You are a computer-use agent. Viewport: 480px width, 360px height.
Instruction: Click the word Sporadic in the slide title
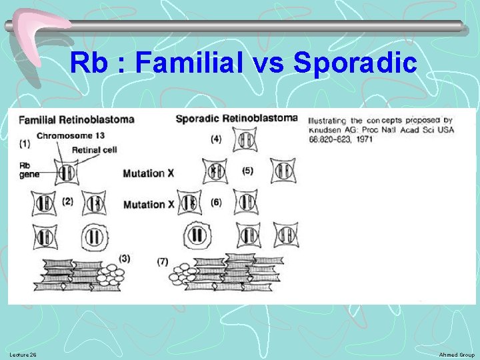pyautogui.click(x=355, y=63)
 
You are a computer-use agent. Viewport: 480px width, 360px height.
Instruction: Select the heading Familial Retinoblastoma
pyautogui.click(x=76, y=120)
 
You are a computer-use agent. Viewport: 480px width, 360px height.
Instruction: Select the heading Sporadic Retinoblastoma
pyautogui.click(x=236, y=119)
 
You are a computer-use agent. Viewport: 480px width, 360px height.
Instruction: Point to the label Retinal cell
pyautogui.click(x=94, y=149)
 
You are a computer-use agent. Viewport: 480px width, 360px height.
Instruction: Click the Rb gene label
pyautogui.click(x=29, y=169)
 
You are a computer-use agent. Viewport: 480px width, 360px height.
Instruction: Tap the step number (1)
pyautogui.click(x=25, y=143)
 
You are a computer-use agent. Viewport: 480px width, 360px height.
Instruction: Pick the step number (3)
pyautogui.click(x=124, y=257)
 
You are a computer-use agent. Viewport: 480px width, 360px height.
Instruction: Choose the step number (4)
pyautogui.click(x=215, y=139)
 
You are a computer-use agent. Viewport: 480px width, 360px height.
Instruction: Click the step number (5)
pyautogui.click(x=248, y=171)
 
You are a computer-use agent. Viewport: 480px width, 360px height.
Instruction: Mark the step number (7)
pyautogui.click(x=163, y=261)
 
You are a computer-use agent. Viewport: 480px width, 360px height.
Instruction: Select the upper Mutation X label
pyautogui.click(x=148, y=173)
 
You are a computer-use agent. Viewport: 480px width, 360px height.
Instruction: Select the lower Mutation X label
pyautogui.click(x=148, y=204)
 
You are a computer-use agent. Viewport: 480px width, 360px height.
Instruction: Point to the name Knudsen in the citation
pyautogui.click(x=327, y=129)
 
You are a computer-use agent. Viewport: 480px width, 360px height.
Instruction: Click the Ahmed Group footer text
pyautogui.click(x=458, y=355)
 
